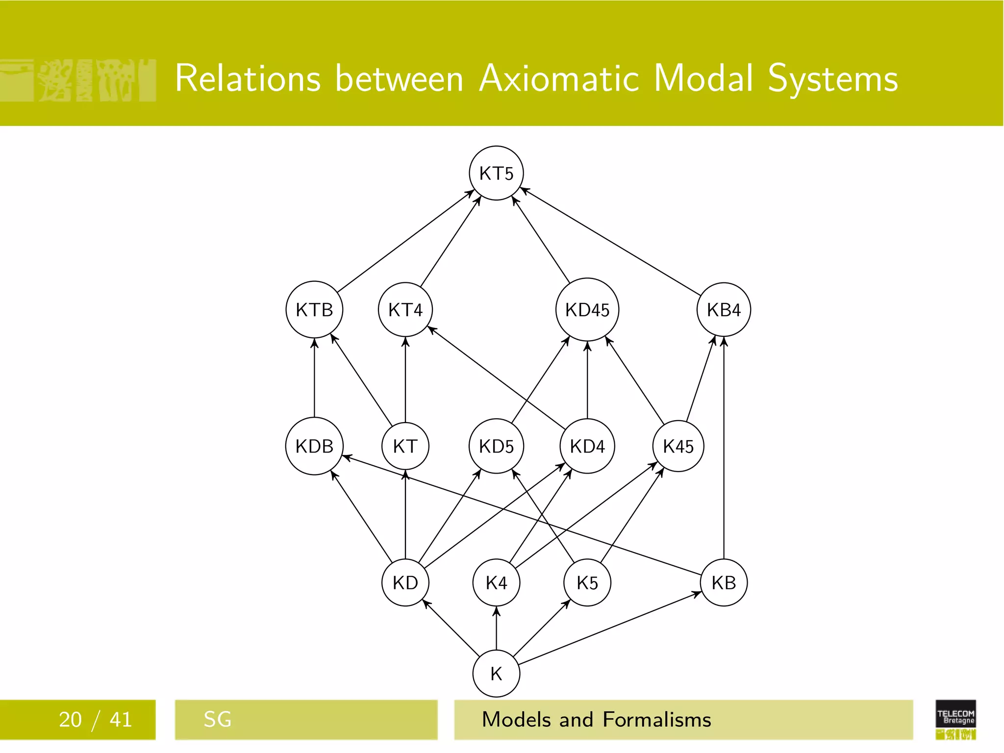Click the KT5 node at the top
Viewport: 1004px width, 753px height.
496,173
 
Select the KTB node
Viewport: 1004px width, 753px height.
314,309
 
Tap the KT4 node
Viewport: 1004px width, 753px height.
405,309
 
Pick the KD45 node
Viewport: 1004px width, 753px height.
587,309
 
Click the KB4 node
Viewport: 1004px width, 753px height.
724,309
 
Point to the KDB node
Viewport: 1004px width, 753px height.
314,446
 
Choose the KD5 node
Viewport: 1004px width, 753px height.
496,446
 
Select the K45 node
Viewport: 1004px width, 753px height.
678,446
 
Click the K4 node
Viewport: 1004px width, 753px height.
496,582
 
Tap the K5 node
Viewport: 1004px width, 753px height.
587,582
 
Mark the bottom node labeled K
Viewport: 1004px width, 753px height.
496,674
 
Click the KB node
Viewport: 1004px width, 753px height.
724,582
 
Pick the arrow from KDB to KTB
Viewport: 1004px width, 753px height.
314,377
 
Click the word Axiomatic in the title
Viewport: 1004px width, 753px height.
559,78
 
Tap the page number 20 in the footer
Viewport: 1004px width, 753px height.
70,720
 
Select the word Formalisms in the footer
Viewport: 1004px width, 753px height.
657,720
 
